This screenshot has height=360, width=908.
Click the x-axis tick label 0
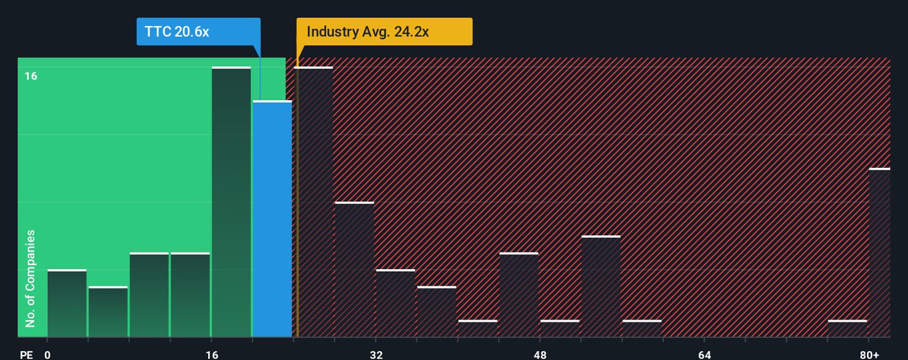point(47,355)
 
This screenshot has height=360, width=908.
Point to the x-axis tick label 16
point(212,355)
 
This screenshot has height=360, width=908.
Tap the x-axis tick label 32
point(376,355)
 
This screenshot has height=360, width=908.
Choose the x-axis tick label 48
point(540,355)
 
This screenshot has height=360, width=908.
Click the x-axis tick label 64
point(705,355)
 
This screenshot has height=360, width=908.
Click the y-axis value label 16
point(31,76)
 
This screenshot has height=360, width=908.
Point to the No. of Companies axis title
point(30,278)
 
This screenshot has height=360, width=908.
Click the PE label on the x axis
point(26,355)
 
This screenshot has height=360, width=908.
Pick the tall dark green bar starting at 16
point(231,202)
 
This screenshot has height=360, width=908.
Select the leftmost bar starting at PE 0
point(67,303)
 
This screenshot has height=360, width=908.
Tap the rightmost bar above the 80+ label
point(880,252)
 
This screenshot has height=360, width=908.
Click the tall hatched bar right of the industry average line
point(314,202)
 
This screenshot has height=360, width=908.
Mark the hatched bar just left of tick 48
point(519,294)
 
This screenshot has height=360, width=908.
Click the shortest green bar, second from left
point(108,311)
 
